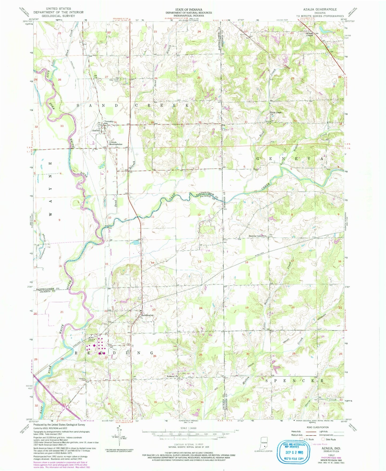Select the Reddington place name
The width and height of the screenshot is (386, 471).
148,315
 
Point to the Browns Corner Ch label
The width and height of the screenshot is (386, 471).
258,236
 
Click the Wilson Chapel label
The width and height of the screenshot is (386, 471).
309,34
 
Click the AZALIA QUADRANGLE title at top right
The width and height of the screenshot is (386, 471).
320,9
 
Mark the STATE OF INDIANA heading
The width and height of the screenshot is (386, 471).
189,9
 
